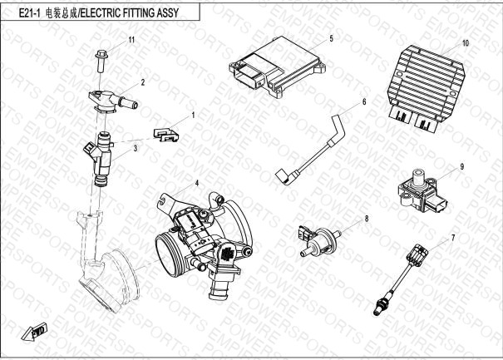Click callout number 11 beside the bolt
(131, 40)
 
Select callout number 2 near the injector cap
(143, 82)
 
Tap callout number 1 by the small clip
(193, 116)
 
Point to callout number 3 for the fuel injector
(135, 147)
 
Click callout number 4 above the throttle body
(196, 181)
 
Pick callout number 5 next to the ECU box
(331, 39)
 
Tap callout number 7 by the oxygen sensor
(453, 239)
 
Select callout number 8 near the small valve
(365, 219)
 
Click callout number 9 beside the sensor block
(461, 166)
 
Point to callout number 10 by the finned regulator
(466, 42)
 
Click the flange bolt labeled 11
(98, 58)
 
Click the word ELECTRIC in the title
(101, 12)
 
